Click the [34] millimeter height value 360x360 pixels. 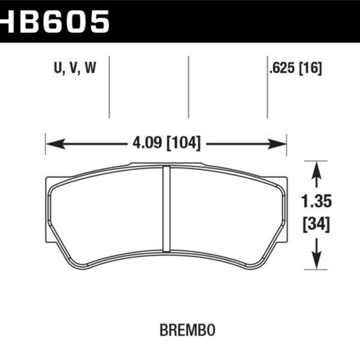pyautogui.click(x=316, y=226)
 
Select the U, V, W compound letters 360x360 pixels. pyautogui.click(x=75, y=69)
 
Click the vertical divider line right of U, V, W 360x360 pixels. pyautogui.click(x=109, y=86)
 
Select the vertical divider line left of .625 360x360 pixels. pyautogui.click(x=266, y=86)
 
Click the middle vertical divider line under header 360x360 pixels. pyautogui.click(x=188, y=86)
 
